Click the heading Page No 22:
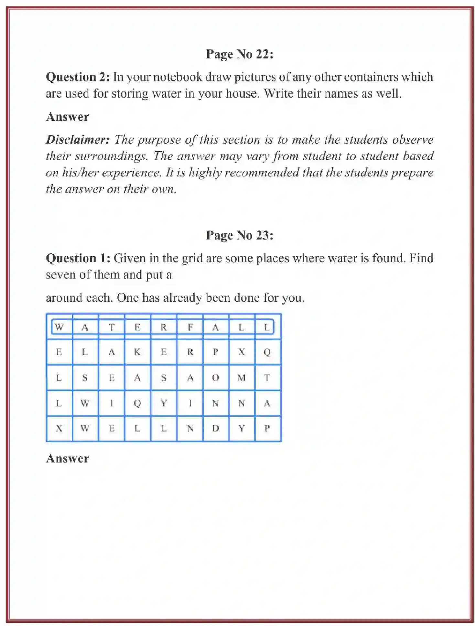240,54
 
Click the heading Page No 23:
240,235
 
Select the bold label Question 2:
78,77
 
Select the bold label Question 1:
78,258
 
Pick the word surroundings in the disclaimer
111,156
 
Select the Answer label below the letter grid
67,459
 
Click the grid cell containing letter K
137,352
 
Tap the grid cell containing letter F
190,327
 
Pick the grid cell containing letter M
242,377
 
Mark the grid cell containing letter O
216,377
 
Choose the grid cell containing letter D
216,429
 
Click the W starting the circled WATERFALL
59,327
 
